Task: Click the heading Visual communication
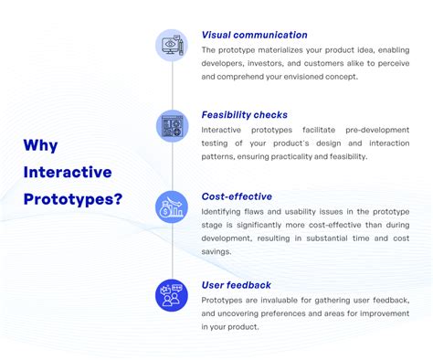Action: click(x=254, y=36)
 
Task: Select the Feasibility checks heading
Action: click(x=244, y=115)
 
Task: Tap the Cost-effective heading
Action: click(x=237, y=196)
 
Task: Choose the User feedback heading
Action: click(x=236, y=285)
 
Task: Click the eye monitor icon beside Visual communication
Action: click(x=172, y=46)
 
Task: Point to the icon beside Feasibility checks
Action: click(x=172, y=125)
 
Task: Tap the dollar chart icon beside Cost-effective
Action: click(x=172, y=206)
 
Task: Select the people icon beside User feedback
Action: click(x=172, y=294)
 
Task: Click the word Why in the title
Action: click(x=41, y=144)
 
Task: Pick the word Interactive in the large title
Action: click(x=67, y=172)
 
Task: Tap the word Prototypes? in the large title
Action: click(x=73, y=198)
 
